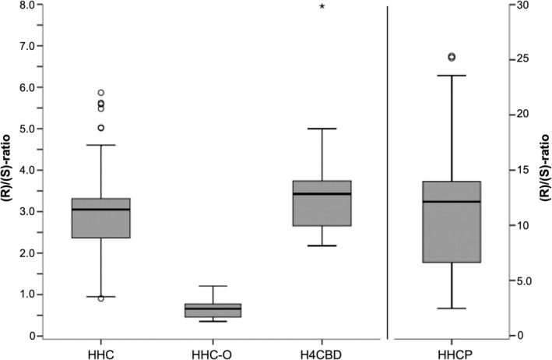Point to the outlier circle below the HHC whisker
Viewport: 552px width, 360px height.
click(101, 298)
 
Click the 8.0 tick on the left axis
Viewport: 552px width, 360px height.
click(26, 5)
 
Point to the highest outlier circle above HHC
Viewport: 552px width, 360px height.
click(101, 93)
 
